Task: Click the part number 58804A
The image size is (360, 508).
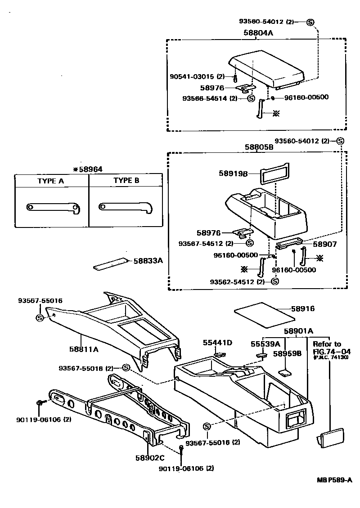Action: pos(259,33)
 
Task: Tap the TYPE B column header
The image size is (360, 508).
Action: pos(126,180)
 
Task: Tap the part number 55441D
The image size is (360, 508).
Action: pos(217,343)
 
